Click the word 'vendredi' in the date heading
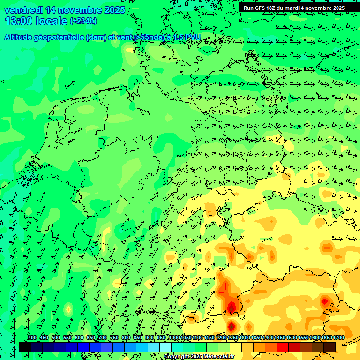click(23, 10)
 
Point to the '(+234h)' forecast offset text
click(83, 21)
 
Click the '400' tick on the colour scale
click(32, 337)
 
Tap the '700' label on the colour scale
click(103, 337)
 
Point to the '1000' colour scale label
click(174, 337)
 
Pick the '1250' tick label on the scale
click(233, 337)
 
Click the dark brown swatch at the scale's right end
click(330, 347)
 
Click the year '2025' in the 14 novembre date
click(114, 10)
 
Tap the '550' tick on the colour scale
click(67, 337)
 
